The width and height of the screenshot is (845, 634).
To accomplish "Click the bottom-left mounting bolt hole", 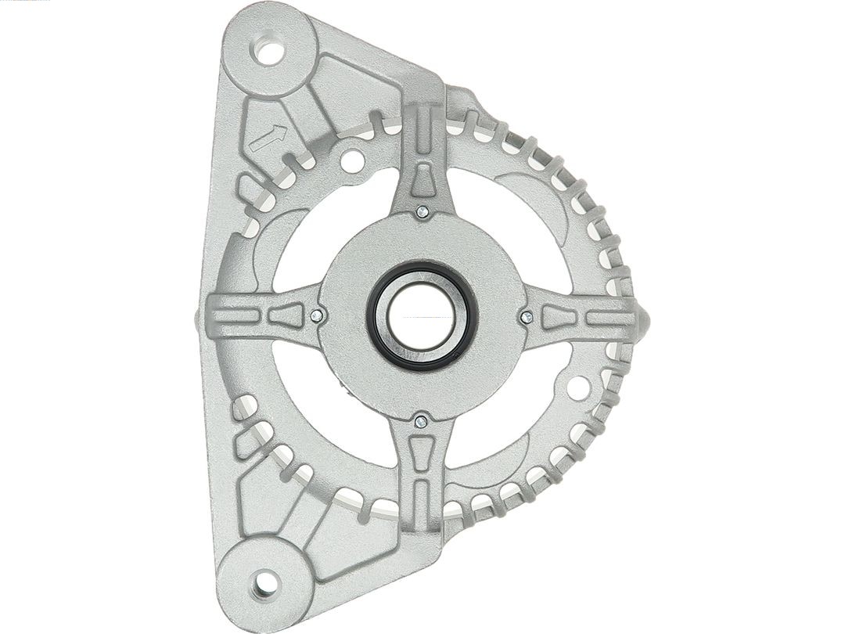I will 266,583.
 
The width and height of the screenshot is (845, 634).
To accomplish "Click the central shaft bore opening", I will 421,315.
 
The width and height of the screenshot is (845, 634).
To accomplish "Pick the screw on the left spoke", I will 316,315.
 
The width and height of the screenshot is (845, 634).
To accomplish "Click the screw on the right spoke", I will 527,316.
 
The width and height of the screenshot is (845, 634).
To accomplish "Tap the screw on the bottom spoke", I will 422,422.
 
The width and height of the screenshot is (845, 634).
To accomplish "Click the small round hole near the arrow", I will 352,161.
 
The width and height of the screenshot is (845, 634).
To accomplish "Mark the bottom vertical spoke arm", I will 422,477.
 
